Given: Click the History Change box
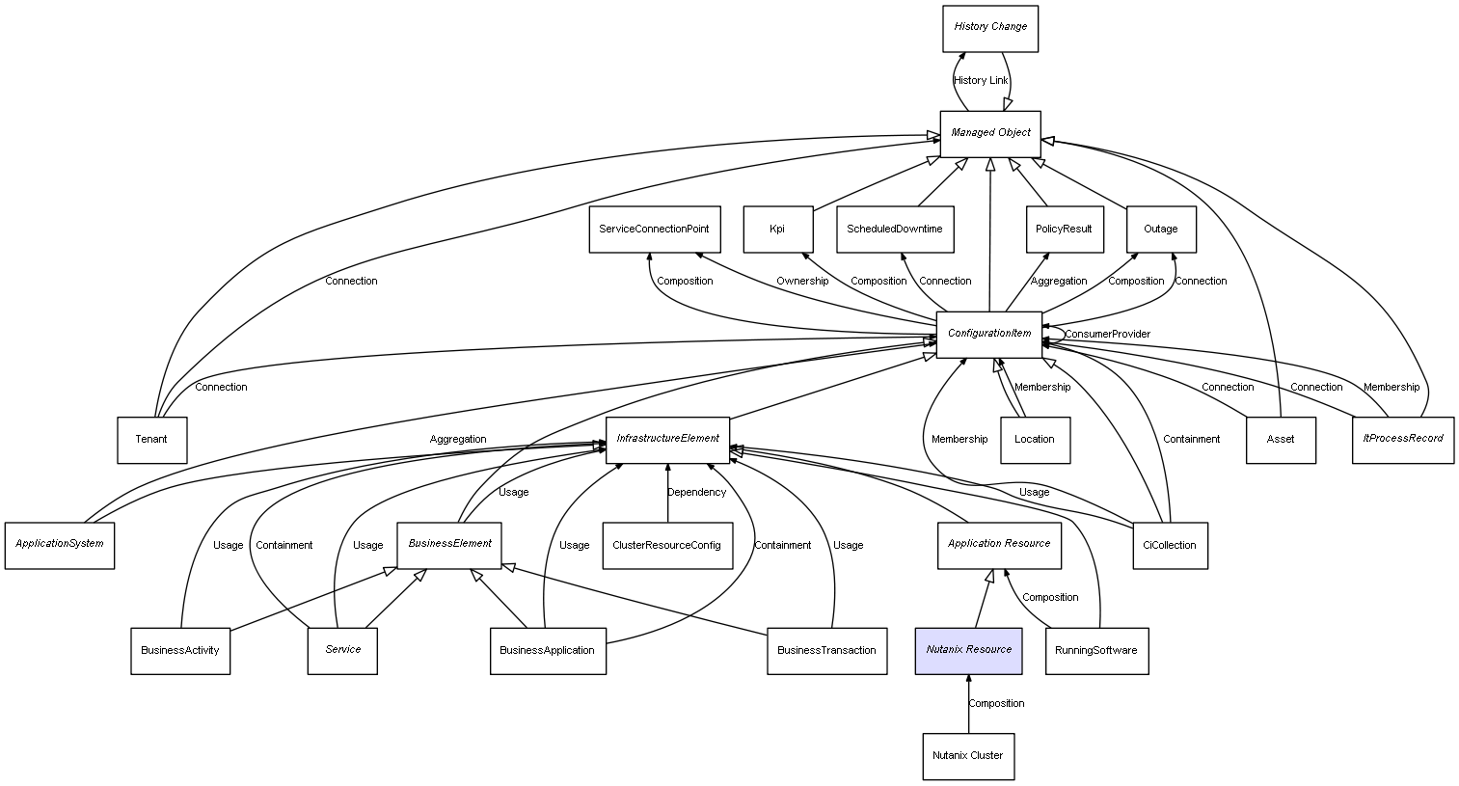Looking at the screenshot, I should [x=990, y=28].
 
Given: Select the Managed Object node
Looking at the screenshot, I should [x=990, y=133].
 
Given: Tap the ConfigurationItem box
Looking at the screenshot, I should [x=989, y=334].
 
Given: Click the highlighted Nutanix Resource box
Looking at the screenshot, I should [x=968, y=650].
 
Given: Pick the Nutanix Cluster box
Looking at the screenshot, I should [x=968, y=755].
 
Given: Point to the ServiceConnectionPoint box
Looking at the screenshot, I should [x=654, y=230].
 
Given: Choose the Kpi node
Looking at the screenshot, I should [x=777, y=230].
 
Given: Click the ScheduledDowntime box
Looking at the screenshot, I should [x=895, y=230].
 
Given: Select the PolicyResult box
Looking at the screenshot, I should [x=1064, y=230].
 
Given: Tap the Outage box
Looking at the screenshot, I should [x=1161, y=230].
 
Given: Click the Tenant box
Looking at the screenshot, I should [x=151, y=440].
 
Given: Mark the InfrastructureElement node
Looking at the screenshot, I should [x=667, y=439].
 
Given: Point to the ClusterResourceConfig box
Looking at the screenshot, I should [x=666, y=545].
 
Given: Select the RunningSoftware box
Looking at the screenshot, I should [x=1096, y=650].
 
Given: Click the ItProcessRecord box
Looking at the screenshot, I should [x=1402, y=439].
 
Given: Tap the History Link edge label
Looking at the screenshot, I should [x=981, y=81].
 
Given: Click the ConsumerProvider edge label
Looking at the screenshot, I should [x=1107, y=335].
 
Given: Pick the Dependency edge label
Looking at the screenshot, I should [x=697, y=493].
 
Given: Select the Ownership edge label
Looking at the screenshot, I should [x=802, y=282].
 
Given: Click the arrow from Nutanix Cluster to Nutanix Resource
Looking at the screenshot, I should [x=968, y=704].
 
